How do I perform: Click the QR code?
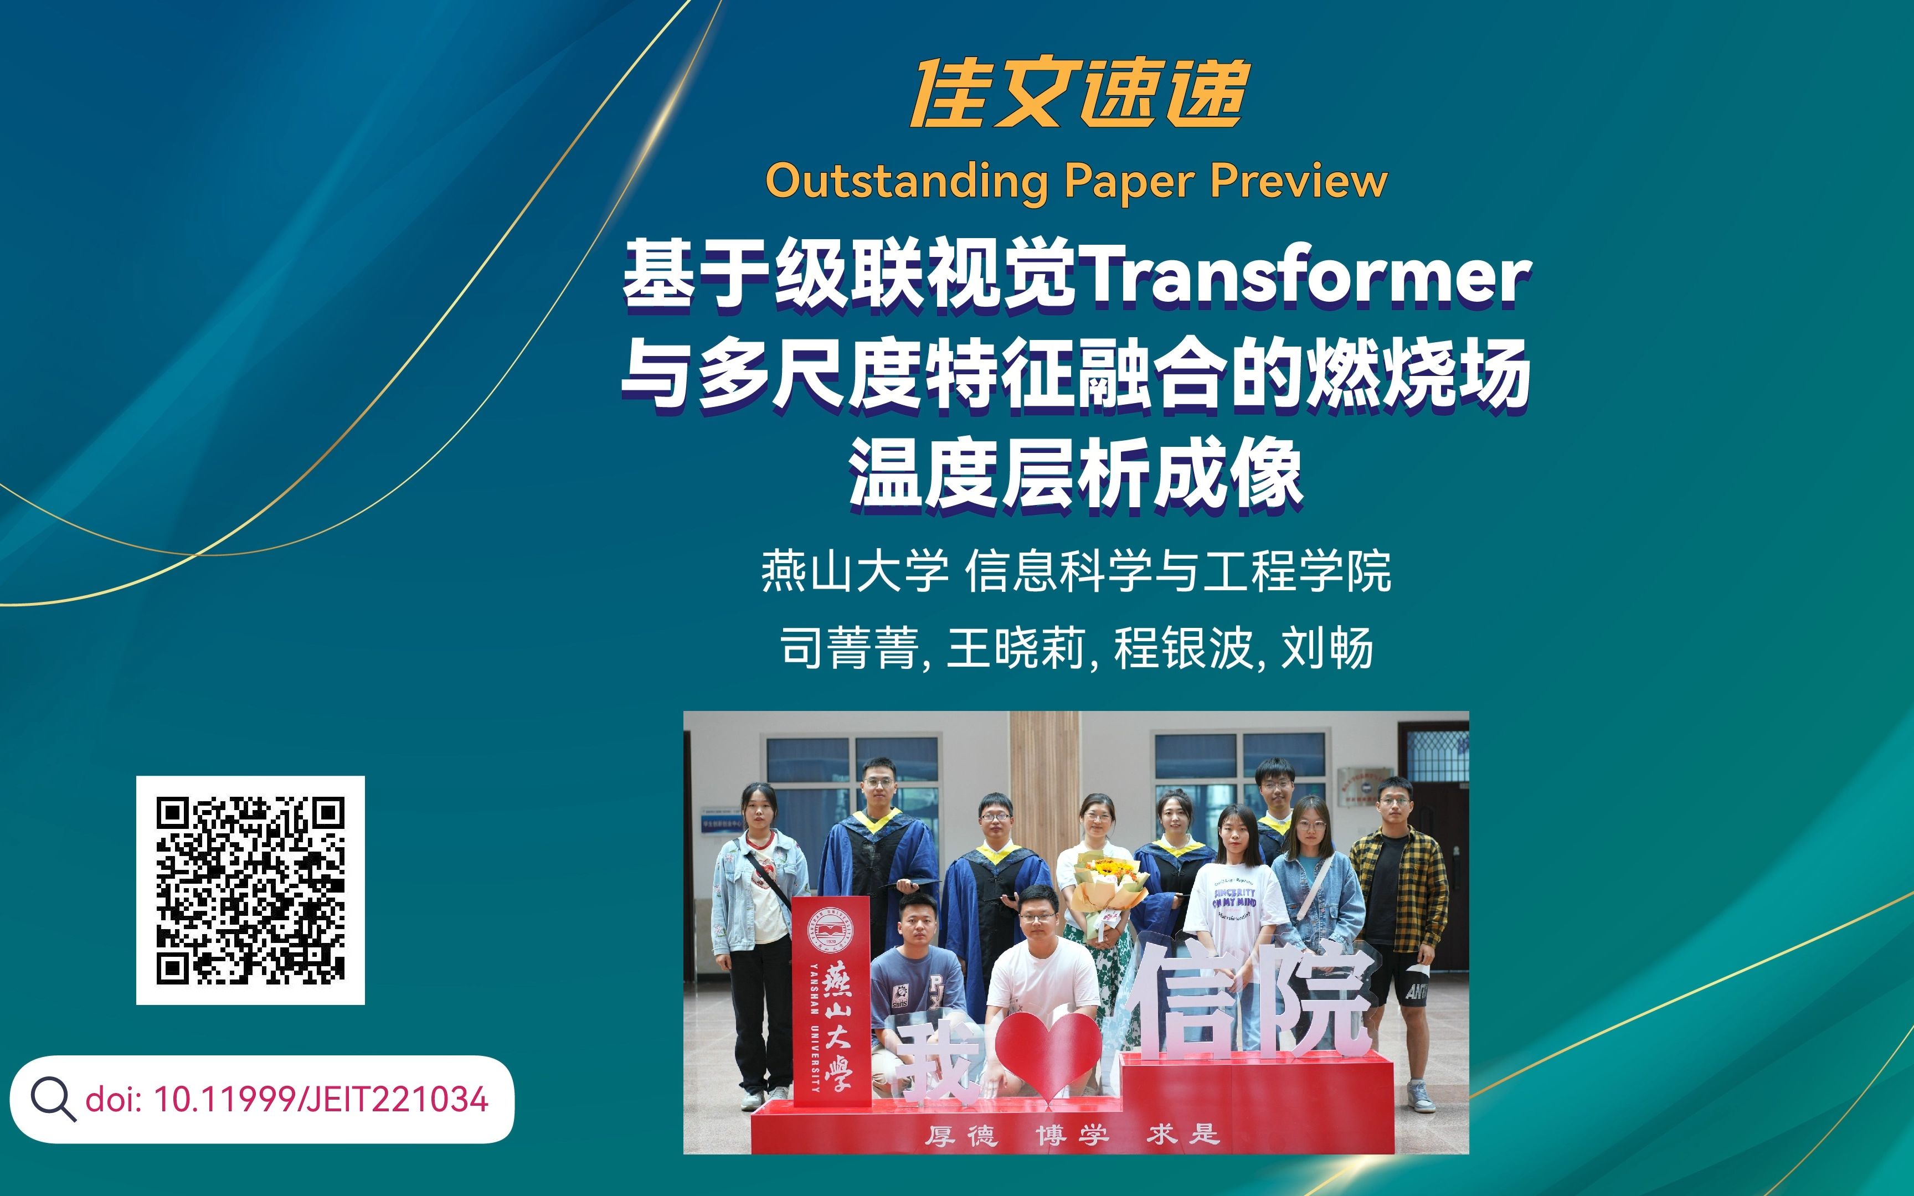250,890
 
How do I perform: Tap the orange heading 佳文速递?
1079,94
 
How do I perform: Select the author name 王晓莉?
1016,648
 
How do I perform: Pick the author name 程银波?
1183,648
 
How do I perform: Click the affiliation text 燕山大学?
854,570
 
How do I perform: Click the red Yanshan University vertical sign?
831,1001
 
